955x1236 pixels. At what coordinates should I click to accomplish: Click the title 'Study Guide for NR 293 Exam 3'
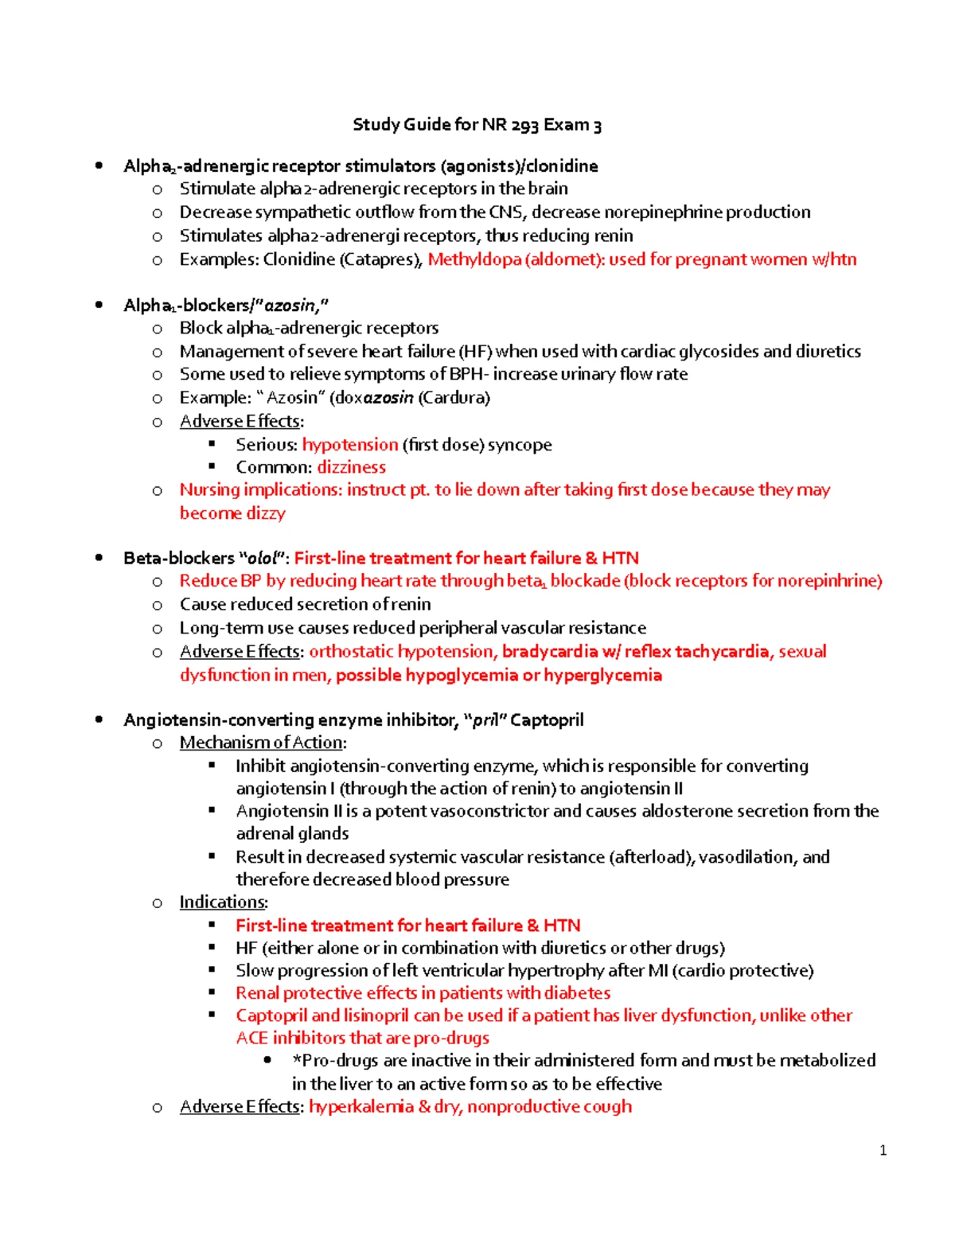(477, 125)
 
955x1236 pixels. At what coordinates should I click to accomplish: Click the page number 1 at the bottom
(883, 1150)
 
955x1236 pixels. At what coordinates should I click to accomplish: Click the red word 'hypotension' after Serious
(349, 445)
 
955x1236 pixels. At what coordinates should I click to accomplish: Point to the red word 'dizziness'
(351, 467)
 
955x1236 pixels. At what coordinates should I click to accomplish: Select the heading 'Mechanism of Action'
(261, 743)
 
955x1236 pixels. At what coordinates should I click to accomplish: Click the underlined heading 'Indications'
(222, 903)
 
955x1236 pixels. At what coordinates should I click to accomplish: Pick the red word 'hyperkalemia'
(361, 1107)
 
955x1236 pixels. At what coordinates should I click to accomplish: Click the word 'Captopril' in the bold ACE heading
(547, 720)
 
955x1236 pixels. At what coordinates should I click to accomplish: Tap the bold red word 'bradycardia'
(549, 652)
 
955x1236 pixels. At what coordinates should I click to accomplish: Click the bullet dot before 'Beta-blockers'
(99, 558)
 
